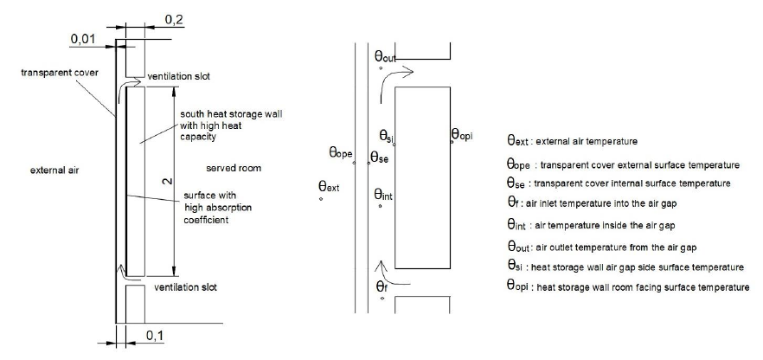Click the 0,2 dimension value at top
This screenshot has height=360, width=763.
click(x=175, y=20)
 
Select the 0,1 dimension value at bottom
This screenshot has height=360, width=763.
click(x=155, y=335)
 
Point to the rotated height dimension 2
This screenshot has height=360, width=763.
click(x=167, y=182)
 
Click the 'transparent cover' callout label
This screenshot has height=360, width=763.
click(x=60, y=73)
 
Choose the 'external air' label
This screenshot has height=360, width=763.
click(x=54, y=170)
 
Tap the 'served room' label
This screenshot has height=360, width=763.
click(x=234, y=169)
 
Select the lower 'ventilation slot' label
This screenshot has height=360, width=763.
click(x=185, y=287)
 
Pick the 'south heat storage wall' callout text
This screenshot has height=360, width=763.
click(x=231, y=125)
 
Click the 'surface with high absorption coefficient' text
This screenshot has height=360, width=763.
click(x=218, y=208)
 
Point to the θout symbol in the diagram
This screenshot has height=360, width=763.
click(x=386, y=57)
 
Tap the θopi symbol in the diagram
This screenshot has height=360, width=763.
click(x=462, y=134)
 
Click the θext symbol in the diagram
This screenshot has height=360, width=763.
click(x=329, y=186)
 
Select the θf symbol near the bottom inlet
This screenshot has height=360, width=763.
click(x=382, y=286)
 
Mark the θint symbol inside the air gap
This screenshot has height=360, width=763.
click(x=383, y=195)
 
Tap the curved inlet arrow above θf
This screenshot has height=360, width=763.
click(x=392, y=273)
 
